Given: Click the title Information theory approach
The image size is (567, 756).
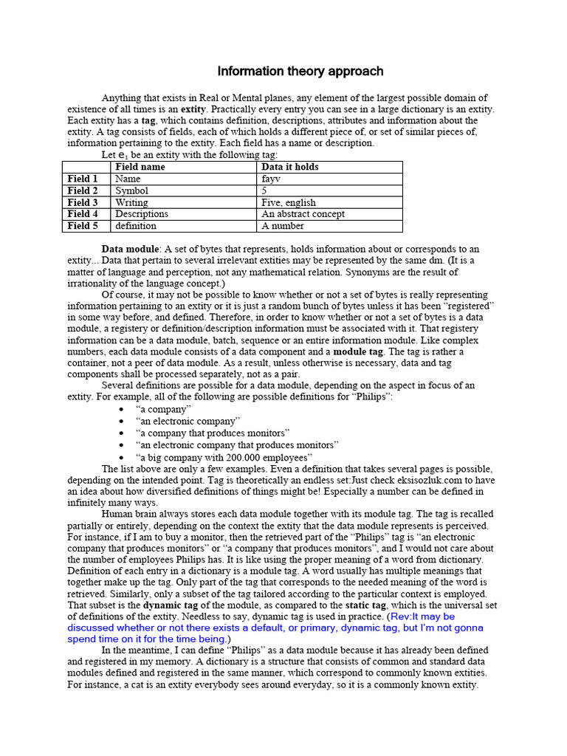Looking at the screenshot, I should [300, 72].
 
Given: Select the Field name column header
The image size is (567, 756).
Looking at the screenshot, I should [140, 167].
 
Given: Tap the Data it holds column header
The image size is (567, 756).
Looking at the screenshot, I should [290, 167].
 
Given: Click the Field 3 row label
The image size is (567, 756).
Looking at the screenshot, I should [83, 202].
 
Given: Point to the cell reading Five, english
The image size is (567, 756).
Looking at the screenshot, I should [289, 202].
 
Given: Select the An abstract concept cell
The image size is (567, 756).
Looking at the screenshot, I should [303, 214].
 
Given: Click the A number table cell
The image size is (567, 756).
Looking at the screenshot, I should [282, 226].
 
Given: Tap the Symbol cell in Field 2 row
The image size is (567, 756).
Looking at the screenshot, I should [131, 190].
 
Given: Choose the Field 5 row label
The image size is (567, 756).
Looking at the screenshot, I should [83, 226].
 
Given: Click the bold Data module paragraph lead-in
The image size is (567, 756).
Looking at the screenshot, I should [130, 249].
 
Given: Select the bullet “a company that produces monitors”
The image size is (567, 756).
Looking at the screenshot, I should [213, 433].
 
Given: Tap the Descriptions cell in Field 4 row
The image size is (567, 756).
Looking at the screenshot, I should [142, 214].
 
